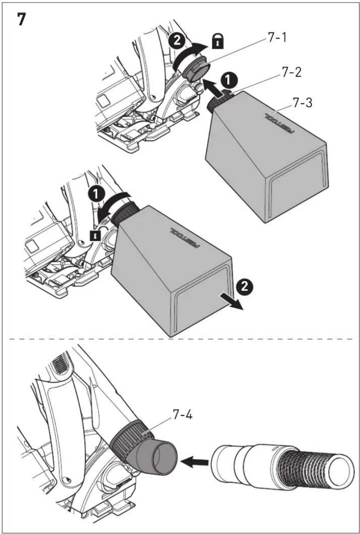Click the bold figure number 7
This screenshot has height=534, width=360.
coord(21,19)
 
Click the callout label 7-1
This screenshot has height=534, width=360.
coord(277,38)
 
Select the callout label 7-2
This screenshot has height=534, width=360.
coord(291,72)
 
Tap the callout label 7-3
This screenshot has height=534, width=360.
coord(302,103)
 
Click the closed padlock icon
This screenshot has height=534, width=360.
coord(218,43)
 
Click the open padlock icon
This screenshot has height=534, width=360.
coord(95,235)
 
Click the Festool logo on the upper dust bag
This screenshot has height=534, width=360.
coord(279,123)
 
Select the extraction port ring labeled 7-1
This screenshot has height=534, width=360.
coord(196,70)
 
